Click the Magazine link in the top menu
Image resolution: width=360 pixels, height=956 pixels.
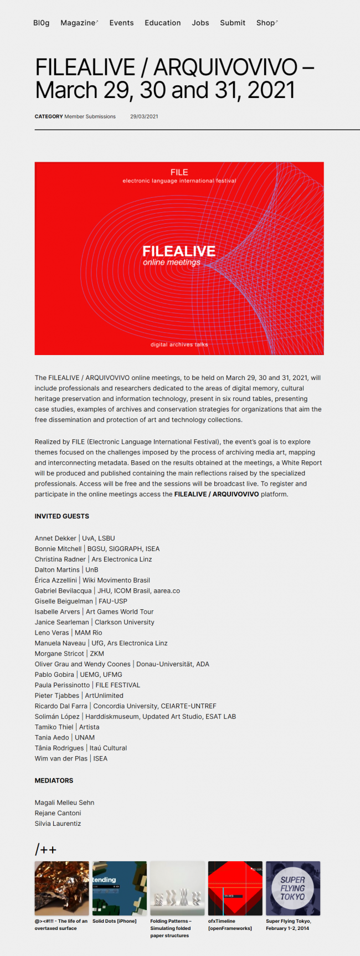pyautogui.click(x=78, y=23)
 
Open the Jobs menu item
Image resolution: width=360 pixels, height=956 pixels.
pyautogui.click(x=200, y=23)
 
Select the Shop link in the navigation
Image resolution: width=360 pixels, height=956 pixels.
pyautogui.click(x=266, y=23)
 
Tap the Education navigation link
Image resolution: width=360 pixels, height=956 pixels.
pyautogui.click(x=162, y=23)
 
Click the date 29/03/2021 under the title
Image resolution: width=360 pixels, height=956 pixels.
pyautogui.click(x=144, y=116)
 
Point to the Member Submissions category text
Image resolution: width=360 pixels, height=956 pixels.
pyautogui.click(x=90, y=116)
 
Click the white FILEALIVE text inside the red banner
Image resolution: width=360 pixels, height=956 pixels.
pyautogui.click(x=179, y=251)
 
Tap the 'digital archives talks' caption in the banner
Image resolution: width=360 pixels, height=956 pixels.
pyautogui.click(x=179, y=345)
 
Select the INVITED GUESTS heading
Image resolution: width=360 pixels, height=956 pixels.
pyautogui.click(x=62, y=516)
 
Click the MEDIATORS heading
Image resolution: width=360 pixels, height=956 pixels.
pyautogui.click(x=54, y=780)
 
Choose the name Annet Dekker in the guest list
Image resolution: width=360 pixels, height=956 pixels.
pyautogui.click(x=55, y=538)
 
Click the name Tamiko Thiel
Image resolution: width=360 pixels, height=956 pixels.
pyautogui.click(x=54, y=727)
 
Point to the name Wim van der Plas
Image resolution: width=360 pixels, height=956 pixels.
pyautogui.click(x=61, y=758)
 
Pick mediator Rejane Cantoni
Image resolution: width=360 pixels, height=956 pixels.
pyautogui.click(x=58, y=813)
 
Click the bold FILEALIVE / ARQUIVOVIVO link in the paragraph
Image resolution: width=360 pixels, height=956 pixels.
pyautogui.click(x=217, y=494)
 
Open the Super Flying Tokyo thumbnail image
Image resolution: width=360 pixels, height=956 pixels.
pyautogui.click(x=292, y=888)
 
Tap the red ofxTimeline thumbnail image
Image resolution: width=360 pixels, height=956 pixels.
pyautogui.click(x=235, y=888)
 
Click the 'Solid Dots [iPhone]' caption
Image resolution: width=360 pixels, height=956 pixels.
pyautogui.click(x=114, y=921)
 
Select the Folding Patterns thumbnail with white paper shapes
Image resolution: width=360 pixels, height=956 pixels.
pyautogui.click(x=177, y=888)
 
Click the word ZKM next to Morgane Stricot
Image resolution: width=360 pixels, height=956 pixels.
pyautogui.click(x=97, y=654)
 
